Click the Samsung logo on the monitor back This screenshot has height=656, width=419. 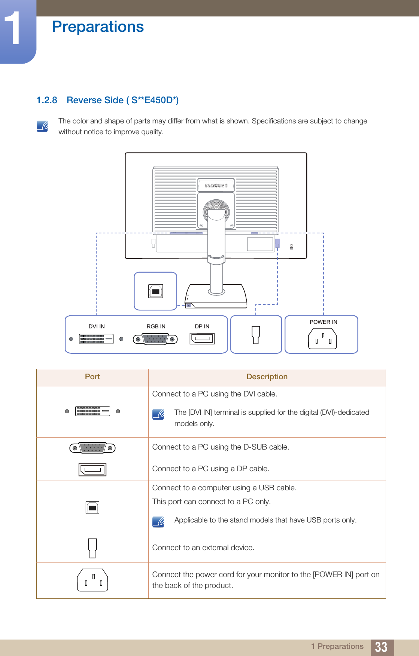coord(216,186)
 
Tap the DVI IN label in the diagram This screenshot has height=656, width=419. coord(97,327)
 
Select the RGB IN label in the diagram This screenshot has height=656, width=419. coord(156,327)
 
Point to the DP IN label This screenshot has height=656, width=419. coord(202,327)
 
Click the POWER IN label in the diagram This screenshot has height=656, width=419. coord(323,322)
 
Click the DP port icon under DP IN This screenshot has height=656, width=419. coord(202,339)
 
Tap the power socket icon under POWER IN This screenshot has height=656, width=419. coord(322,339)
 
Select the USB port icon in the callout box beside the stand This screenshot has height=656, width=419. coord(156,291)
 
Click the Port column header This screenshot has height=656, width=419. coord(92,377)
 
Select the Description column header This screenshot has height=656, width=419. coord(267,377)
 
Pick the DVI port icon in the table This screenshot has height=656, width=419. coord(92,411)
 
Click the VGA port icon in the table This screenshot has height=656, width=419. coord(92,448)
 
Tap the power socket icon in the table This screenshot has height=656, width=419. coord(92,580)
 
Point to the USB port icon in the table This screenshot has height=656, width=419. coord(92,508)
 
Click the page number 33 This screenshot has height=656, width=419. coord(381,647)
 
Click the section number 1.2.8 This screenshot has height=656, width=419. coord(47,100)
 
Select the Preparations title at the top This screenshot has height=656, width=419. coord(98,27)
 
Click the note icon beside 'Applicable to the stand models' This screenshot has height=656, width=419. coord(158,521)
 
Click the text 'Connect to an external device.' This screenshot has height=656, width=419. coord(203,548)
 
